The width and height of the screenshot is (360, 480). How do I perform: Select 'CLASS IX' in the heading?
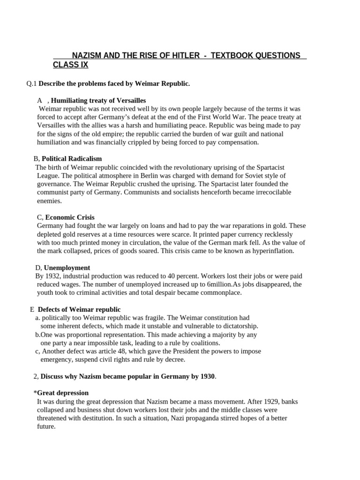coord(70,65)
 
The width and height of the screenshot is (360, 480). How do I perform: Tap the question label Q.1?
coord(31,83)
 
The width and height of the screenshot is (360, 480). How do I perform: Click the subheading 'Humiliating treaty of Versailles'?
coord(98,100)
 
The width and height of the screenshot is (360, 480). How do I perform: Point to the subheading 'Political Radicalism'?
coord(72,159)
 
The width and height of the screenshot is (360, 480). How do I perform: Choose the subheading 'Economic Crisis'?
coord(69,217)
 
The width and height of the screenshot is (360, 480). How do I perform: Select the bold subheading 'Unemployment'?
coord(67,268)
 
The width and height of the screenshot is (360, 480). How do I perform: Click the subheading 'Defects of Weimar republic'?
coord(79,309)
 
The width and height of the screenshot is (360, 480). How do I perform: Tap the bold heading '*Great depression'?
coord(61,393)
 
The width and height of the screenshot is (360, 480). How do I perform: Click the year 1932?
coord(53,276)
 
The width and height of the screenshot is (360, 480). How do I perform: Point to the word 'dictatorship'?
coord(238,326)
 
